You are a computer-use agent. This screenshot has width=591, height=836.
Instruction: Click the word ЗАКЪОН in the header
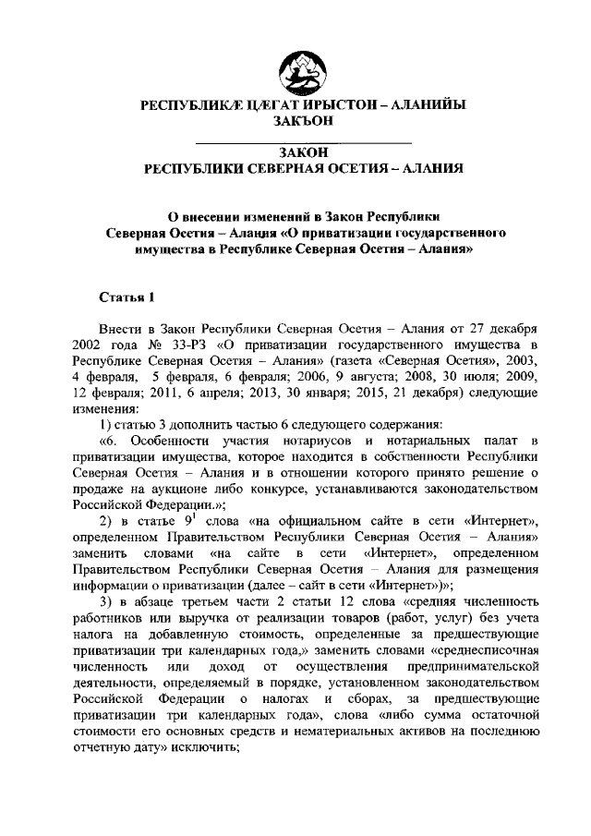click(x=302, y=122)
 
